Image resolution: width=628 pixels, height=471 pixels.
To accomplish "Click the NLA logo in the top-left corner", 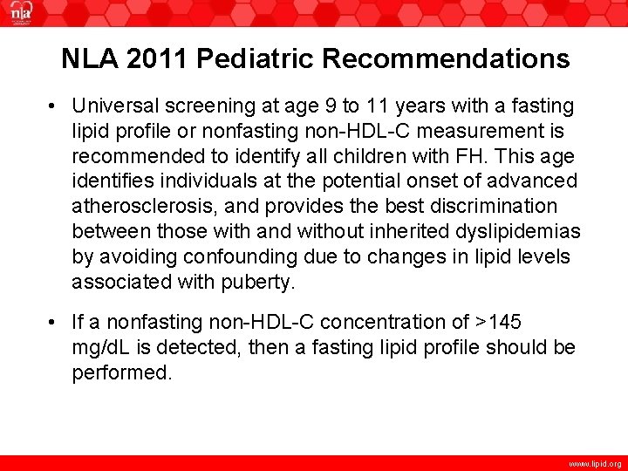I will click(20, 13).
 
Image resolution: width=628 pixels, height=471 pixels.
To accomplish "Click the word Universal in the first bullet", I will click(110, 106).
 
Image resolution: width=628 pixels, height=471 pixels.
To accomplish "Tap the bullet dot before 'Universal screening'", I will click(54, 106).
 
